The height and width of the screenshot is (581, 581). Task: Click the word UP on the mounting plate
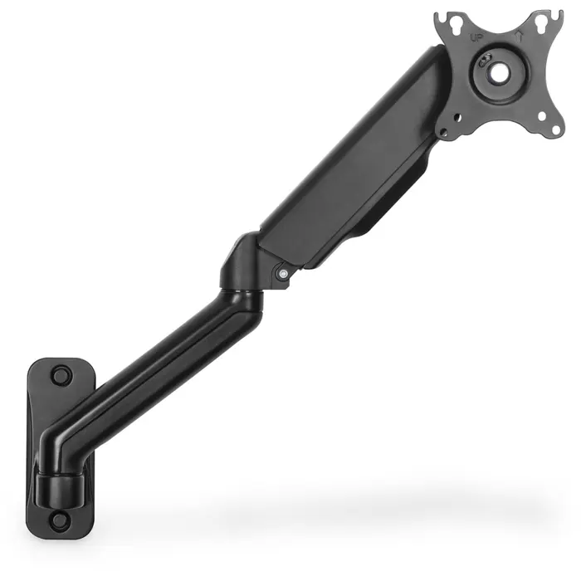tap(476, 37)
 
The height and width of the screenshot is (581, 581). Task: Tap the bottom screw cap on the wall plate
tap(60, 521)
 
